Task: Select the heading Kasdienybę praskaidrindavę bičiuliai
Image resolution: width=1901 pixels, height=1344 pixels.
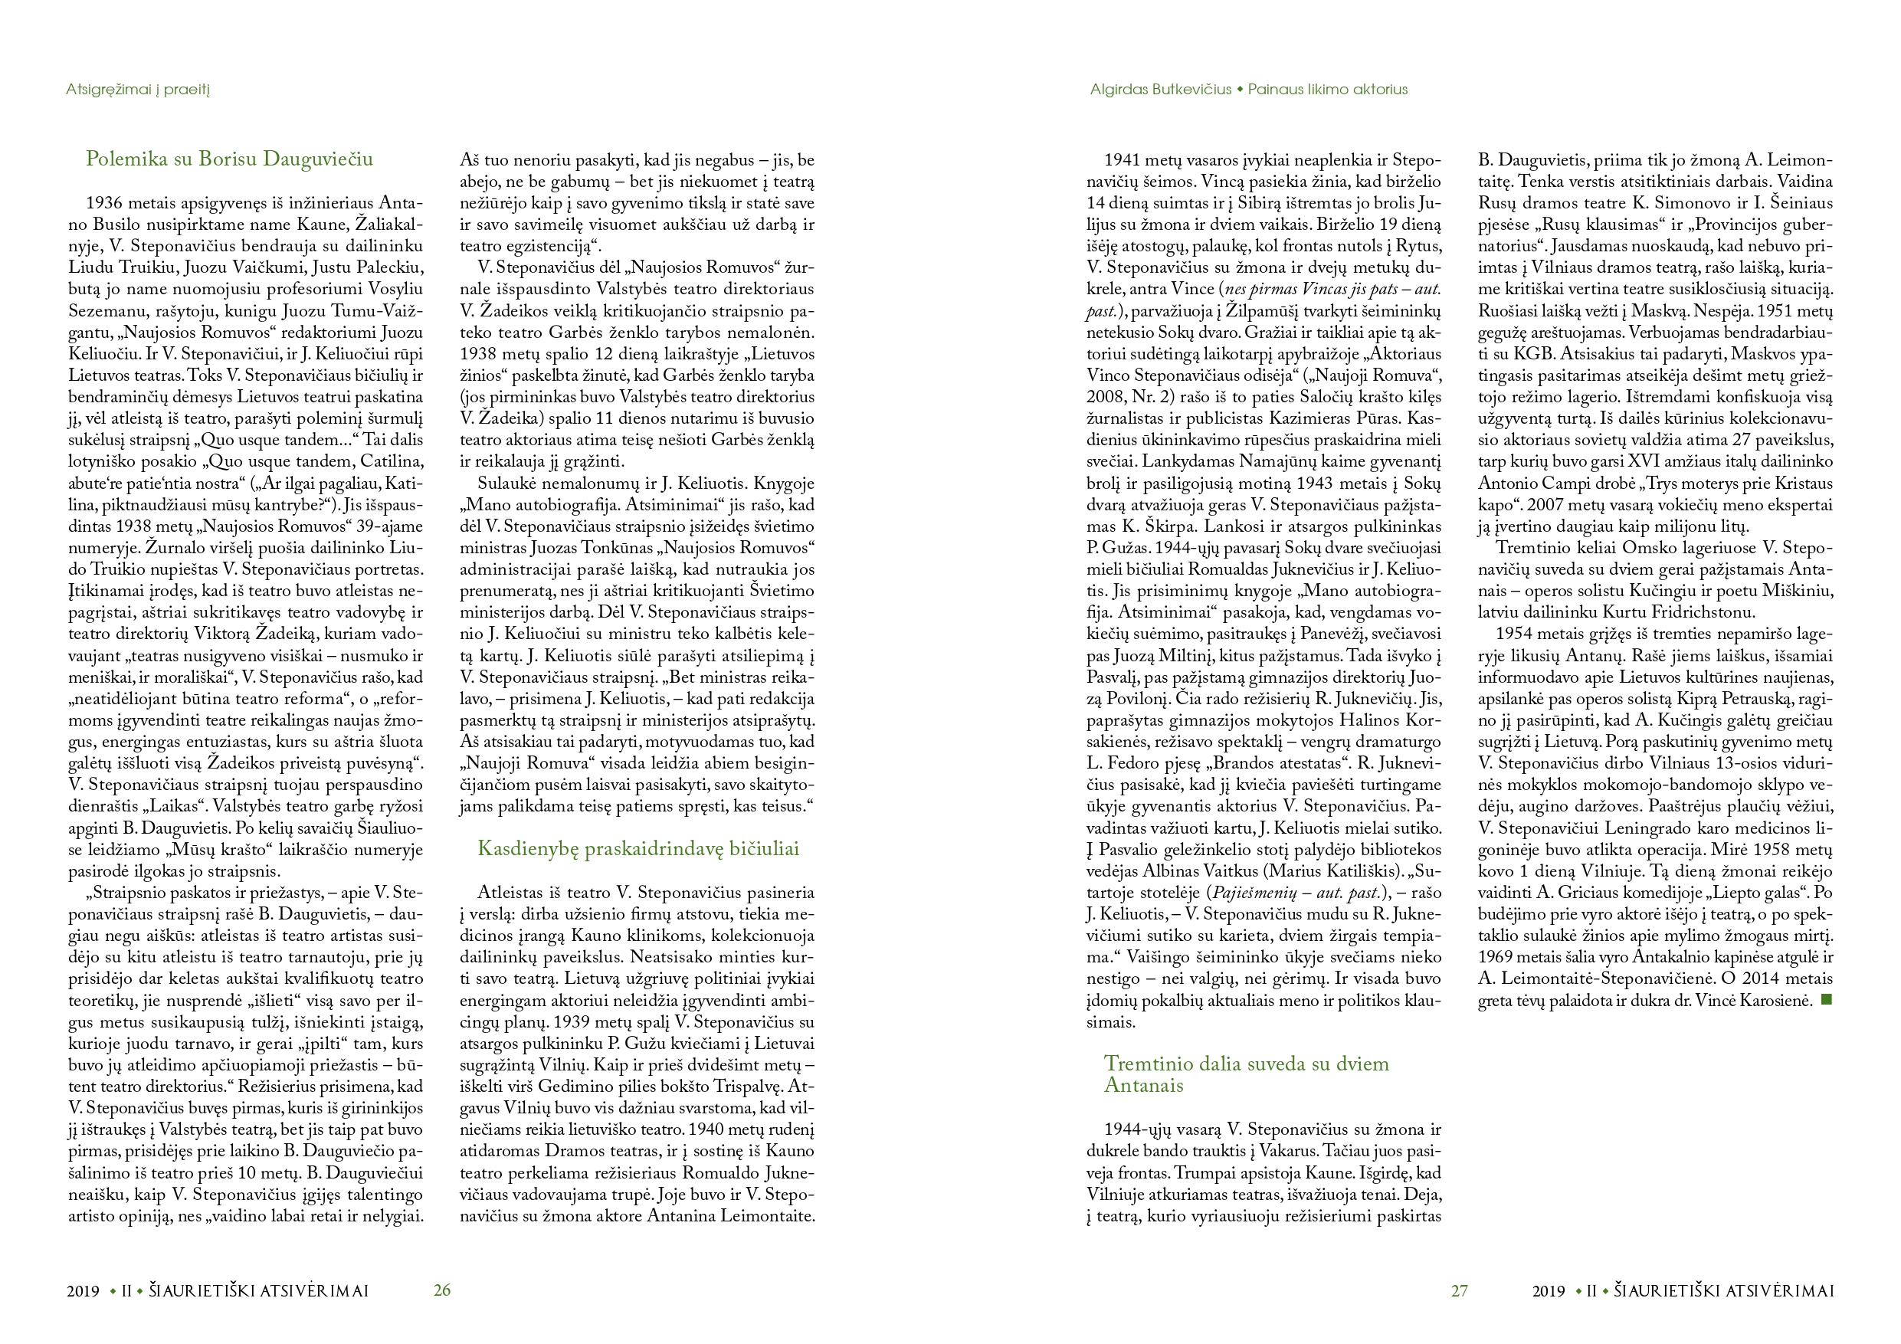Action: [x=638, y=849]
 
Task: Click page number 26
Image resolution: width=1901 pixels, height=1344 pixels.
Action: [x=442, y=1290]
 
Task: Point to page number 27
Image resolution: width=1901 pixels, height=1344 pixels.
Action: [x=1459, y=1290]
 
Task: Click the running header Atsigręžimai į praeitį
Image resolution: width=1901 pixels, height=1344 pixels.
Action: [x=138, y=90]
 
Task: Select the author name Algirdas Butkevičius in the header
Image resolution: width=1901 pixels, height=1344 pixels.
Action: [x=1160, y=90]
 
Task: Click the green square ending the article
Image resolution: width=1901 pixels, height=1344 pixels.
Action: [x=1827, y=1001]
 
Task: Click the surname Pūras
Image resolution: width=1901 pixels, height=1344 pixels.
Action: [x=1355, y=419]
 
